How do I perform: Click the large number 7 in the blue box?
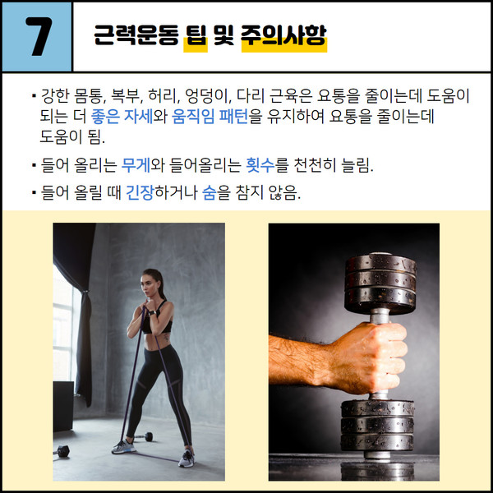pos(36,38)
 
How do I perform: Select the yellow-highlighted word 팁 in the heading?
pos(196,37)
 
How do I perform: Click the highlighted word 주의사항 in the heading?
pos(284,37)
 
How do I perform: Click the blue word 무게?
pos(135,166)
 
